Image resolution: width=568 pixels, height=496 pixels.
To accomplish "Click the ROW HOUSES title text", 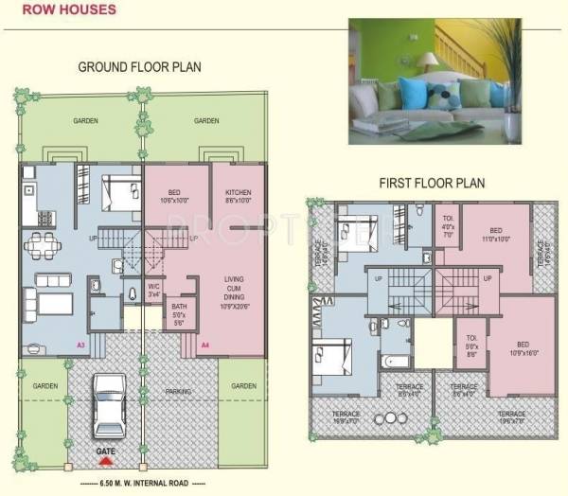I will click(64, 10).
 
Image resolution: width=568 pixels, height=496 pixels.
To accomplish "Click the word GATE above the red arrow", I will click(106, 452).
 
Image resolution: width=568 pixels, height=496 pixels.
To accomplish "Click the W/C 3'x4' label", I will click(154, 289).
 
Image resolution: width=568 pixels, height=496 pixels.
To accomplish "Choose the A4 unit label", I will click(205, 345).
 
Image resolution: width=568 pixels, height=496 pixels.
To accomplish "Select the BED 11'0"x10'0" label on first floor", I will click(495, 235).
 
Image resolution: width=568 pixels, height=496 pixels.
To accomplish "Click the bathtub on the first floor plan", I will click(393, 361).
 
